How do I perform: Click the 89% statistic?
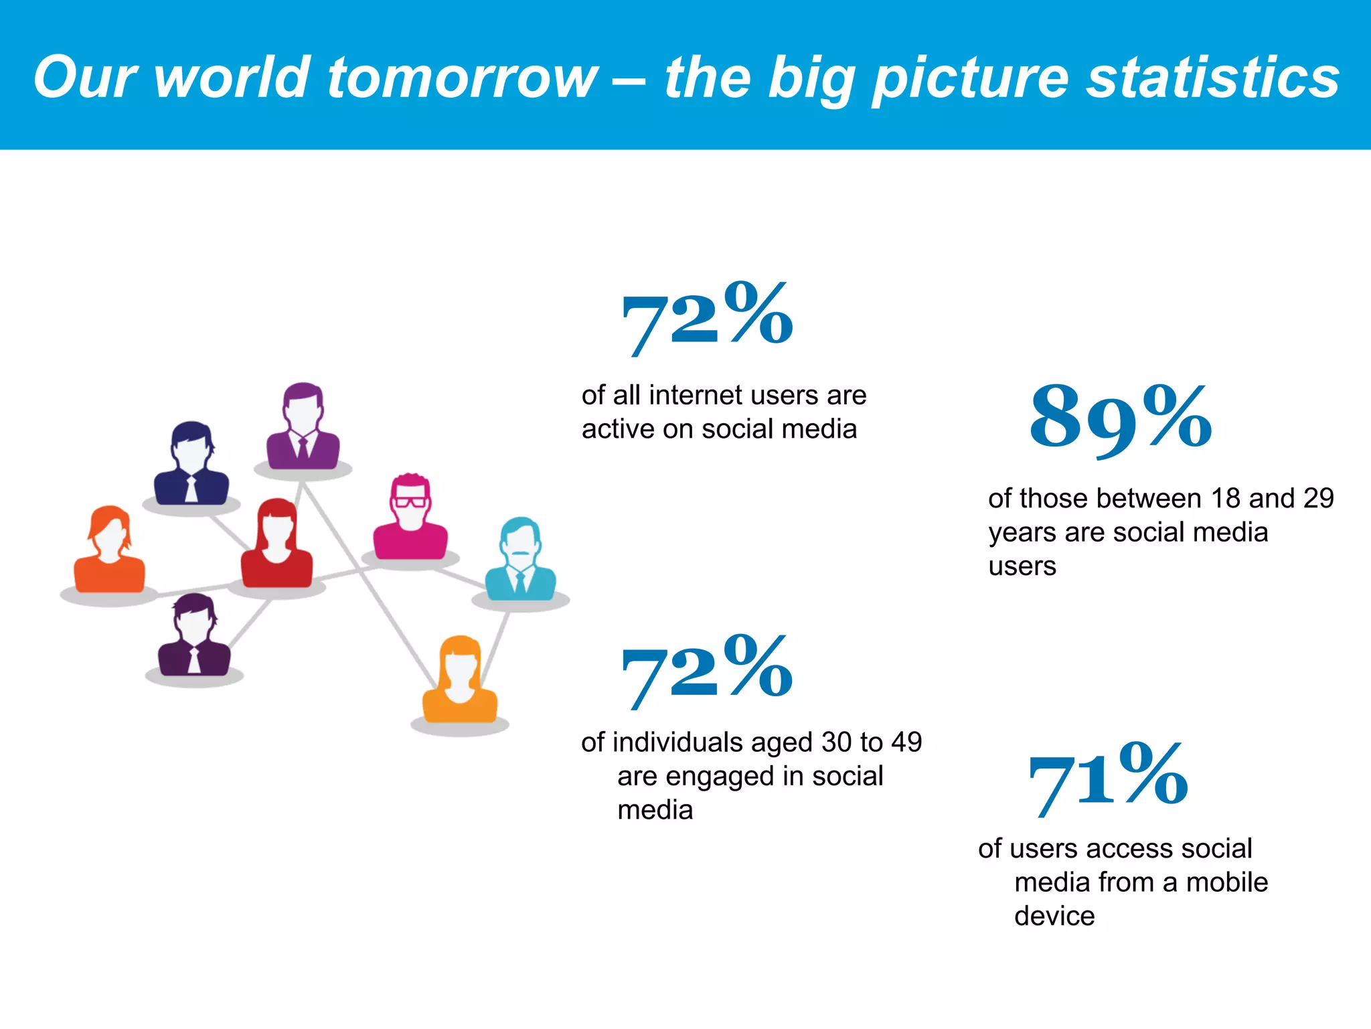tap(1121, 418)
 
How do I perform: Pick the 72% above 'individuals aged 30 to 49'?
tap(707, 671)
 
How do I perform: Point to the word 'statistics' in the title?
tap(1212, 78)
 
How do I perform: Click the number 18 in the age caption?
tap(1226, 499)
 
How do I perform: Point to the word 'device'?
tap(1054, 917)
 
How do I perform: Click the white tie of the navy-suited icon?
tap(191, 489)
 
